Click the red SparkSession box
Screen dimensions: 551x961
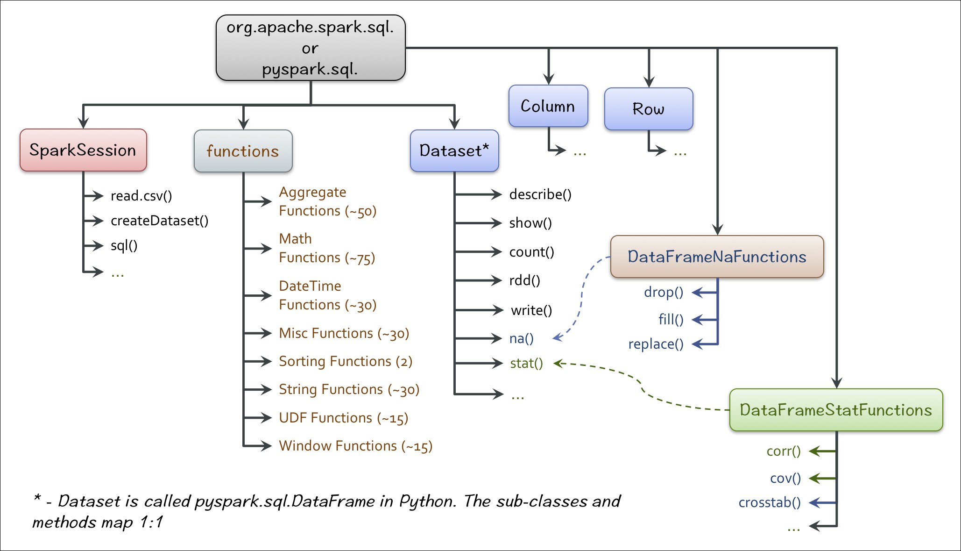click(x=83, y=150)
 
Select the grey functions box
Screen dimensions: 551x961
click(x=243, y=151)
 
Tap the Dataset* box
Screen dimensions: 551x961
click(x=454, y=150)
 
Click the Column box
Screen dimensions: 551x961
click(x=548, y=106)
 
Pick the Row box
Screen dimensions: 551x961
click(x=648, y=109)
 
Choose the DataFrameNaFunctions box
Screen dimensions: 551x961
click(x=717, y=257)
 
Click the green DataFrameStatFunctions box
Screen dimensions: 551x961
click(x=836, y=410)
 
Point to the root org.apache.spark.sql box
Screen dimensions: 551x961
click(x=310, y=48)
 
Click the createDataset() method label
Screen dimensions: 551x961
click(x=159, y=221)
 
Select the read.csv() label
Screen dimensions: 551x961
click(x=141, y=196)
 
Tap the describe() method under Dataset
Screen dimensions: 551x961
click(x=540, y=194)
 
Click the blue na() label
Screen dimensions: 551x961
click(x=521, y=338)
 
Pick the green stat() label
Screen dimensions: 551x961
click(x=526, y=363)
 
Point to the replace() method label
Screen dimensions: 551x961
click(x=656, y=344)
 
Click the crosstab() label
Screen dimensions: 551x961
click(x=770, y=503)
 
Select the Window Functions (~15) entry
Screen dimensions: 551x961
click(x=355, y=446)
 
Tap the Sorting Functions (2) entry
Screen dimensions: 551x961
click(x=346, y=361)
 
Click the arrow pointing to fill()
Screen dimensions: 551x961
click(x=704, y=320)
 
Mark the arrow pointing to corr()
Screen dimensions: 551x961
click(x=821, y=451)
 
